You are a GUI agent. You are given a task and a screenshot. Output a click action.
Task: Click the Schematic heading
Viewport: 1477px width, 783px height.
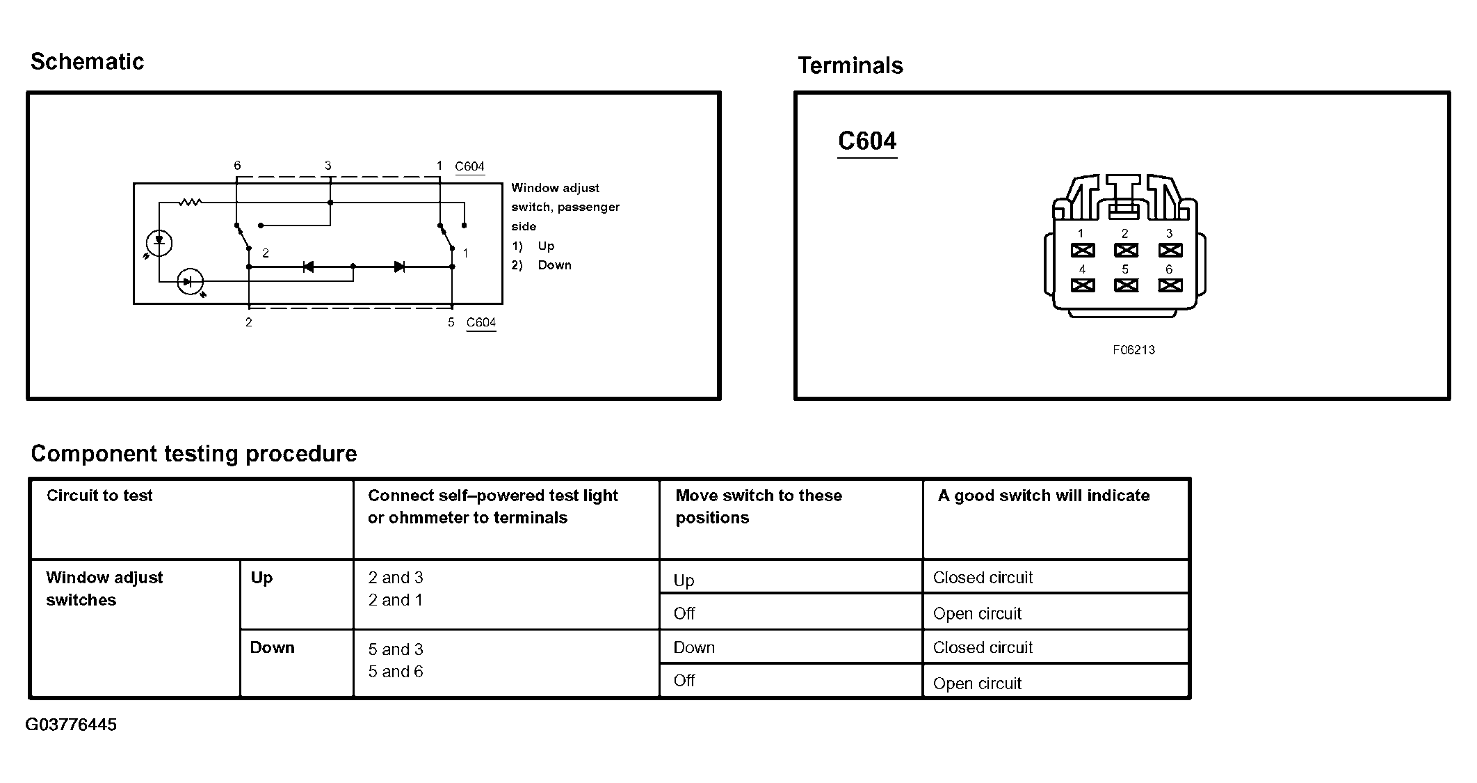point(87,62)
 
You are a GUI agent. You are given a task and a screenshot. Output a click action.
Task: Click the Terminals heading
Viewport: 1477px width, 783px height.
point(850,66)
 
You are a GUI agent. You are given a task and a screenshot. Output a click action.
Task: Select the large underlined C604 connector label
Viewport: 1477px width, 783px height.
point(867,141)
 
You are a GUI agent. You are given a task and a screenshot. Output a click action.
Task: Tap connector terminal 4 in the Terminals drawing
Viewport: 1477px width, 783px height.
point(1082,285)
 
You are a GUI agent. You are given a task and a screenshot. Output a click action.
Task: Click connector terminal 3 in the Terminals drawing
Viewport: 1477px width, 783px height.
point(1170,250)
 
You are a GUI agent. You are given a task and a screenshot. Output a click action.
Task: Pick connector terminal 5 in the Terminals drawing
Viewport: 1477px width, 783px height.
point(1126,285)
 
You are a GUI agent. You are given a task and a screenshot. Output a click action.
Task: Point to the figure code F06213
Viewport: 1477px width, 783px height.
point(1133,350)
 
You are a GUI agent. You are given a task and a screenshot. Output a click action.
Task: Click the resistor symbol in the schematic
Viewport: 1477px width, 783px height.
point(190,203)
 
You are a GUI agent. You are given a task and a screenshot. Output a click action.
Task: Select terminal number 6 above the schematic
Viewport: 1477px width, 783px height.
point(237,166)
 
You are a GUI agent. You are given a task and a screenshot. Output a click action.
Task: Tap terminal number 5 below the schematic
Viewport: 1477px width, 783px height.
point(451,322)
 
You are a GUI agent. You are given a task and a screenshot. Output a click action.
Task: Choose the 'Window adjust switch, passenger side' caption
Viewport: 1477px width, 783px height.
point(565,207)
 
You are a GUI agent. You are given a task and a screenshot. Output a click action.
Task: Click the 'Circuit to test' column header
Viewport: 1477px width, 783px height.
point(99,496)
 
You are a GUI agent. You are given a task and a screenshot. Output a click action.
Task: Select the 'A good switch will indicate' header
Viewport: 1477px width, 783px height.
point(1043,496)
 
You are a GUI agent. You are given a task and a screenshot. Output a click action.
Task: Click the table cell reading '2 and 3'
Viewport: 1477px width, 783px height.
point(396,578)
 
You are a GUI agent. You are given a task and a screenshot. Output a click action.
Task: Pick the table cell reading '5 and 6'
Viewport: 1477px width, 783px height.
point(396,672)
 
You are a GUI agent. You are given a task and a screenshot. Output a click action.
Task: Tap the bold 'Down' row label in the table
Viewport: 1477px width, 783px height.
point(272,648)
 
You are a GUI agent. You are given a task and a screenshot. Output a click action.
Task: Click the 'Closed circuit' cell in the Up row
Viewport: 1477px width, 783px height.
point(983,578)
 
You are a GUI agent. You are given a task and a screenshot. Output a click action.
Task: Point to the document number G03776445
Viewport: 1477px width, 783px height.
point(71,725)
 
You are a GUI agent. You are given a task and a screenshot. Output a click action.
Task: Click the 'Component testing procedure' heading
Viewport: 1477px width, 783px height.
point(194,454)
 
